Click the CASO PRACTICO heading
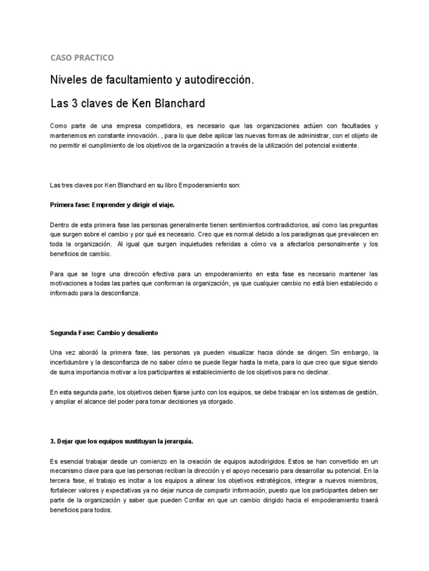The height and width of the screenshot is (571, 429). [x=82, y=57]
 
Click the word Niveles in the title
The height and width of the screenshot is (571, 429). [x=70, y=81]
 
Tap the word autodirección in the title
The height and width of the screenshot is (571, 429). [x=220, y=81]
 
